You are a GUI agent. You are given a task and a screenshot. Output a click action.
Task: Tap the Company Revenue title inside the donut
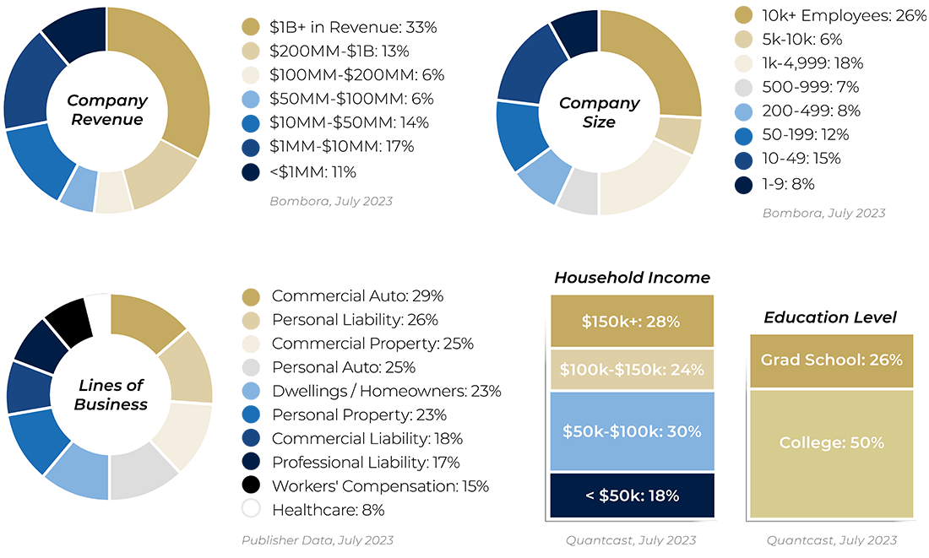107,110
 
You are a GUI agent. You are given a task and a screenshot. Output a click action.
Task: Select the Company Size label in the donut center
599,112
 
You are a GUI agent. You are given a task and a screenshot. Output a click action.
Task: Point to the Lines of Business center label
111,395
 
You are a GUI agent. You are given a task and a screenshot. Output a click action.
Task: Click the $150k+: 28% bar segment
632,322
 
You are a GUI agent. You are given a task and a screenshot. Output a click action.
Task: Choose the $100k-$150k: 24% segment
632,370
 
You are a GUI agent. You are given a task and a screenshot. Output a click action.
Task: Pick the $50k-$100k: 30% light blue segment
632,431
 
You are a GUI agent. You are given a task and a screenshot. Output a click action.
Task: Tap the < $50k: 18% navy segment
632,496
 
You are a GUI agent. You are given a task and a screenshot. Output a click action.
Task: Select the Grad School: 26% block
831,360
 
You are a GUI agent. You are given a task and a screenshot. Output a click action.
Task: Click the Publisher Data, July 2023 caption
318,540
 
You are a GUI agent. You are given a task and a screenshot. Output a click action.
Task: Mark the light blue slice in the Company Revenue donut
78,187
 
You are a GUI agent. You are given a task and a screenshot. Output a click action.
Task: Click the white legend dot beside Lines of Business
251,508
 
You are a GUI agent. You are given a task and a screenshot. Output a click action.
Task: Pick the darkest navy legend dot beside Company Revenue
251,172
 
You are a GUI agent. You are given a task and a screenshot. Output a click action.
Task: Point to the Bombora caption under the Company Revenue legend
331,202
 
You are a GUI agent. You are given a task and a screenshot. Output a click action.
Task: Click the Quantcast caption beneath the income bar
631,540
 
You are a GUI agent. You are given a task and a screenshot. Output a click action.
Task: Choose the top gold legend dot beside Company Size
743,14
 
